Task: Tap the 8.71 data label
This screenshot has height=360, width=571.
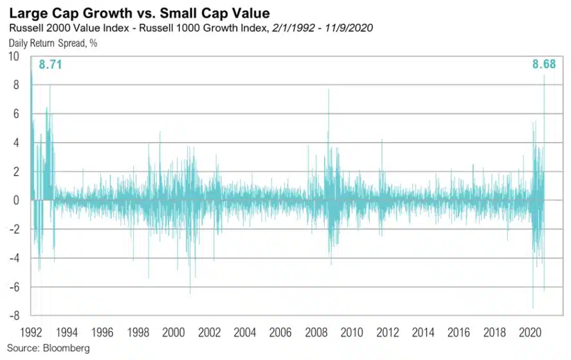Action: tap(50, 64)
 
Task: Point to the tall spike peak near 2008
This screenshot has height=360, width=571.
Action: tap(329, 90)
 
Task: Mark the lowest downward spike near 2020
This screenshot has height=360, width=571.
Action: tap(533, 308)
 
